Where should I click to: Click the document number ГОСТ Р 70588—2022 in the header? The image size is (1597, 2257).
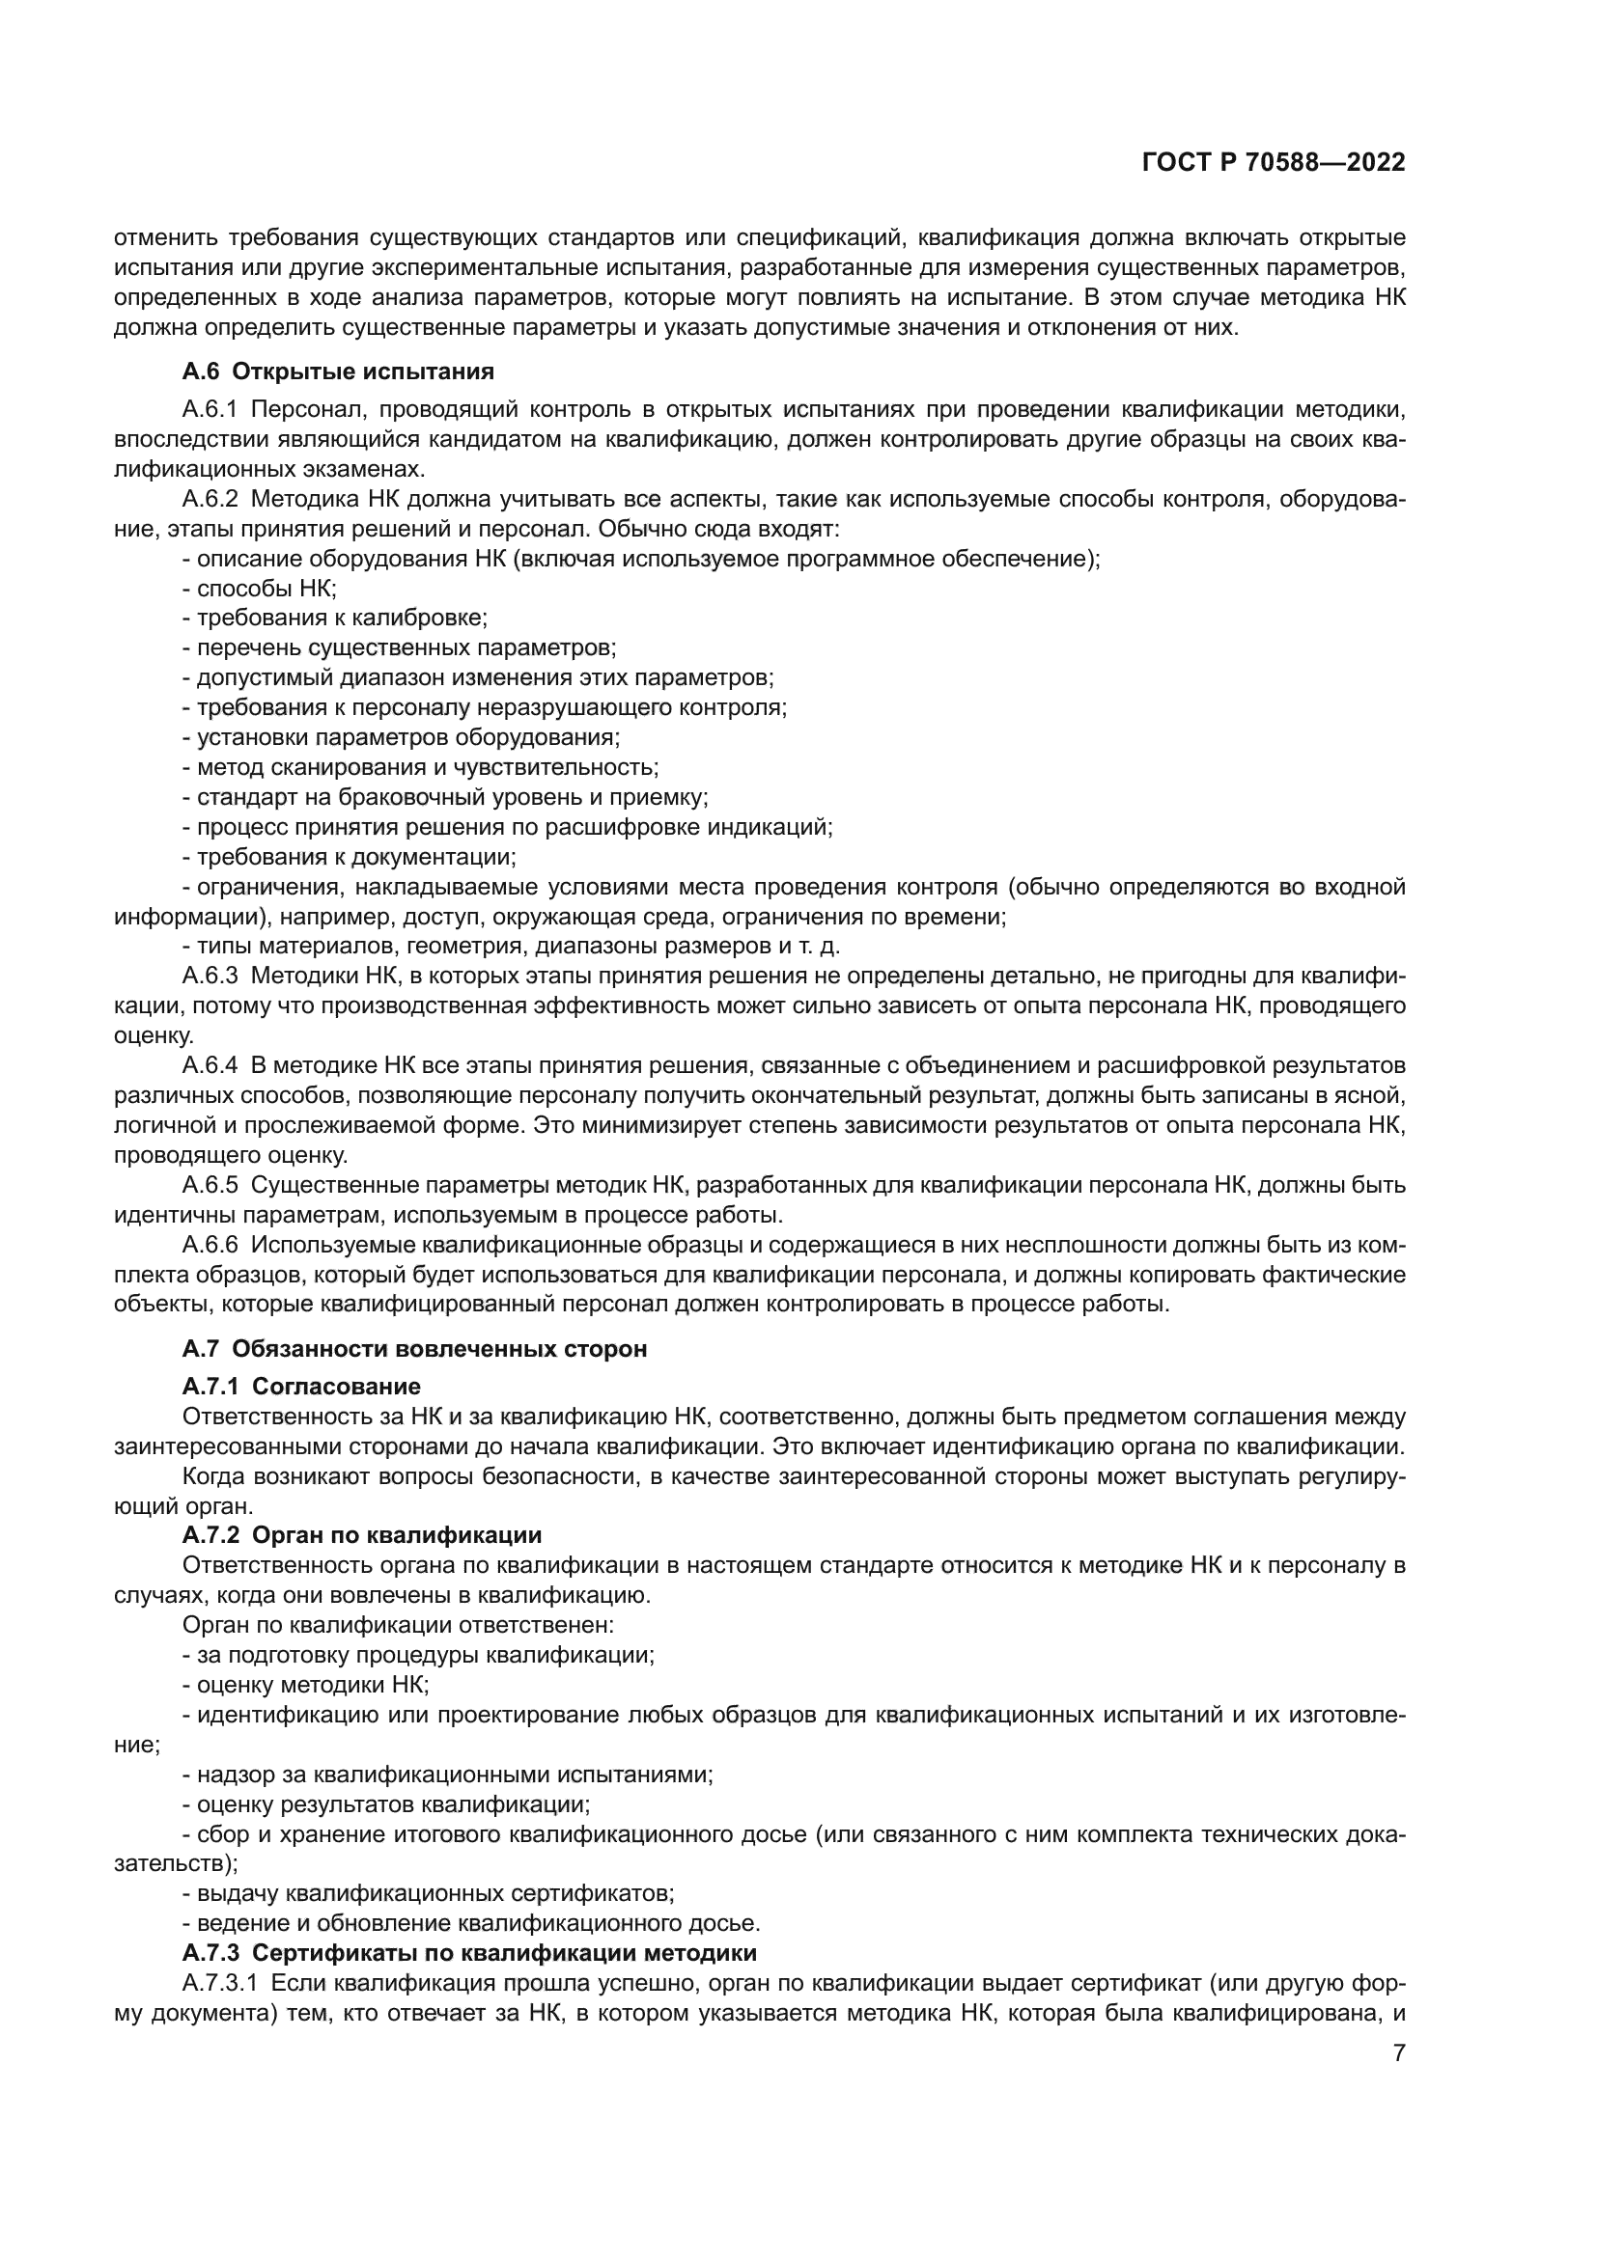[x=1274, y=163]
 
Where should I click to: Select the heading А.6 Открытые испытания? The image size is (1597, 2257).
[x=337, y=372]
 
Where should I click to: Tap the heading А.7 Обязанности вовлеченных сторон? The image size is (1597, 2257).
[x=414, y=1349]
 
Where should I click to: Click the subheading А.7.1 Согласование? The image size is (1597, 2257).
[x=301, y=1386]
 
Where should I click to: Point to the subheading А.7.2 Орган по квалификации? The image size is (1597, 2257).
[x=361, y=1534]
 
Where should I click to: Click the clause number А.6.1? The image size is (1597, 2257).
[x=210, y=409]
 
